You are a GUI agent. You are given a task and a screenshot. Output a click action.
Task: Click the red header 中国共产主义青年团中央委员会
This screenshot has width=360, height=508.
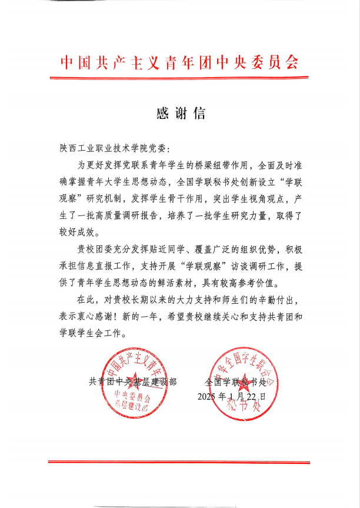coord(180,62)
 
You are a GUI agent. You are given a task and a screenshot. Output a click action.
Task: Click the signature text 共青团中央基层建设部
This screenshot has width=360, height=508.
coord(132,381)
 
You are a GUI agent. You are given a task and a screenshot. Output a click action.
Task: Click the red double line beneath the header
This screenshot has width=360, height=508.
coord(180,77)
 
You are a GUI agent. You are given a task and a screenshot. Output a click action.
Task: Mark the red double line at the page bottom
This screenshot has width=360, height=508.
coord(180,461)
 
